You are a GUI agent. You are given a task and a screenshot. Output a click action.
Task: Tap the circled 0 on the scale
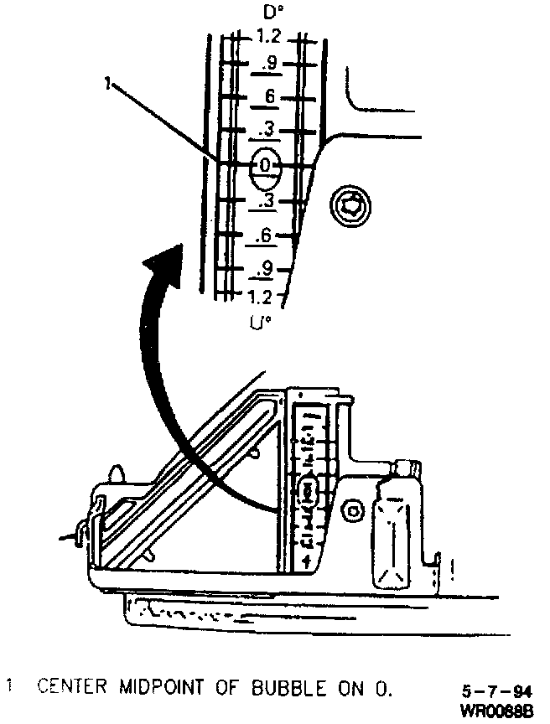tap(266, 166)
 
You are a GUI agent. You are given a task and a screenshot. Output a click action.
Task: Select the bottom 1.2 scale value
tap(259, 297)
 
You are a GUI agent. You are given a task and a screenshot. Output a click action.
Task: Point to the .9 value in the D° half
tap(267, 63)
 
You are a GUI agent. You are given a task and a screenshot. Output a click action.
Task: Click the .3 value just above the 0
tap(268, 129)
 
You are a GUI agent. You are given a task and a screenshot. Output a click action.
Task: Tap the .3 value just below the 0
tap(267, 201)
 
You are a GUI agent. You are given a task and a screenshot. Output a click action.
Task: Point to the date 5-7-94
tap(497, 692)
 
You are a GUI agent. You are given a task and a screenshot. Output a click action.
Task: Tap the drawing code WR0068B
tap(497, 711)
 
